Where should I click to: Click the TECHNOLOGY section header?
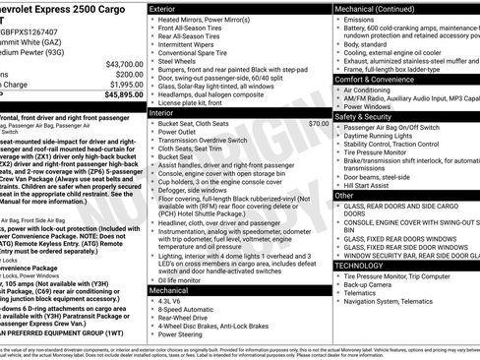358,266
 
